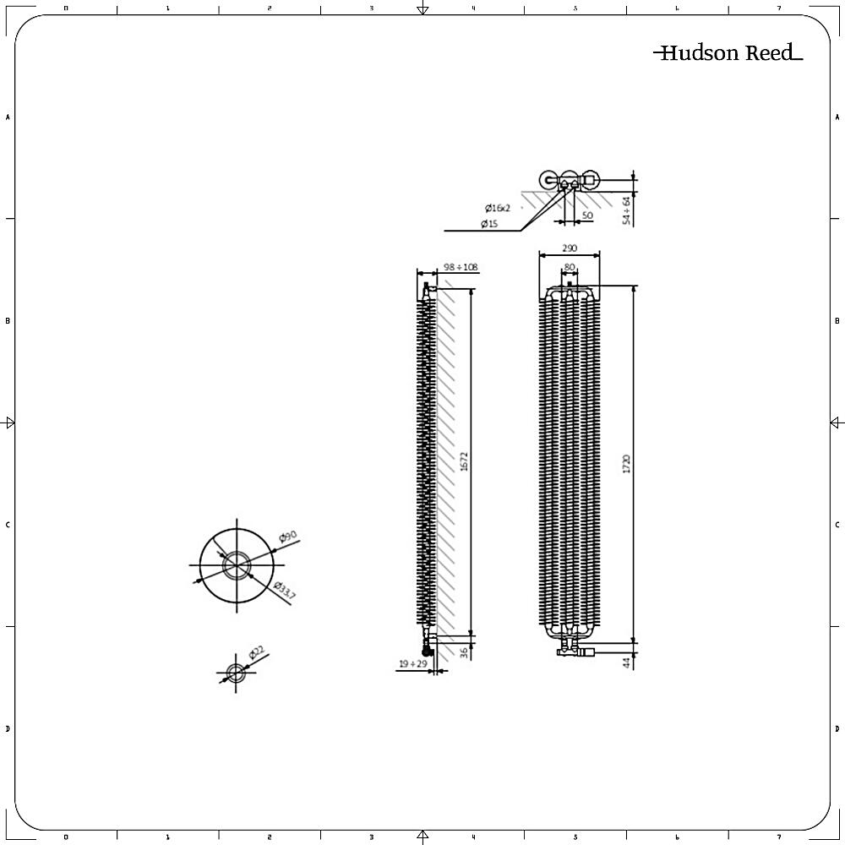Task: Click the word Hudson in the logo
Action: pos(699,54)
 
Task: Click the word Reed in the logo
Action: pos(769,54)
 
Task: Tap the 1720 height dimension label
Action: pos(627,464)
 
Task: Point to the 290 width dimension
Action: pos(570,248)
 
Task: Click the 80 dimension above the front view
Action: pos(570,267)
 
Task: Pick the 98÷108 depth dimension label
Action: pos(461,267)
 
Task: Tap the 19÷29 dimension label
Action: pos(412,664)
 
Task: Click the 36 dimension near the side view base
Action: pos(464,652)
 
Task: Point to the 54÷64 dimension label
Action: pos(626,210)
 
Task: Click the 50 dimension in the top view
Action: pos(587,216)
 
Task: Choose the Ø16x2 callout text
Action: pos(498,208)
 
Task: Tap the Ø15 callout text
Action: pos(490,224)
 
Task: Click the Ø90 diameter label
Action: pos(288,537)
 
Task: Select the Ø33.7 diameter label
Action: pos(285,591)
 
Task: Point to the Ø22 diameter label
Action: pos(257,653)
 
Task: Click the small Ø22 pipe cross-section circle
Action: pos(236,673)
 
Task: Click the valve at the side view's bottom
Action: pos(429,648)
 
